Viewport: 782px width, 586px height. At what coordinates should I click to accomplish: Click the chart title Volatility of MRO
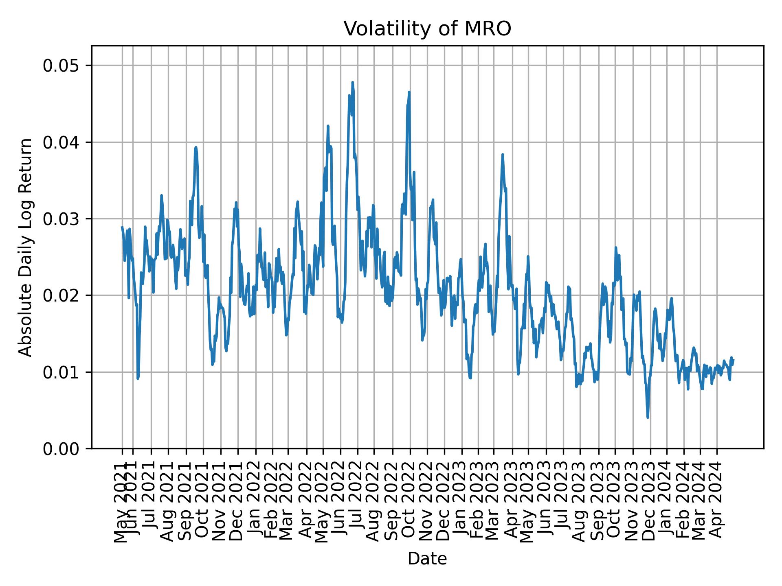[427, 29]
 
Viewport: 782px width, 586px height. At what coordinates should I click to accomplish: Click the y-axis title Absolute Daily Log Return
[26, 247]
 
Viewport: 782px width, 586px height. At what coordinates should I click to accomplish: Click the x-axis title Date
[427, 559]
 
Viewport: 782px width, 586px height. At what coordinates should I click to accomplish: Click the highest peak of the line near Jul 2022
[352, 83]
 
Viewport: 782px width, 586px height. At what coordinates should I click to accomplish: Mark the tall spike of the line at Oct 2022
[409, 92]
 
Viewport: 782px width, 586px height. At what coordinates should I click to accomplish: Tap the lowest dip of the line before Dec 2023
[648, 417]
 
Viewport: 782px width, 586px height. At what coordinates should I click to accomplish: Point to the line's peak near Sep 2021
[196, 147]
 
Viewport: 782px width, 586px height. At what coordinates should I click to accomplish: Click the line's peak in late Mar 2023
[503, 155]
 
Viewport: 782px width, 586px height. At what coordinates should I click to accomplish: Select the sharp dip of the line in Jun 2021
[138, 378]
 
